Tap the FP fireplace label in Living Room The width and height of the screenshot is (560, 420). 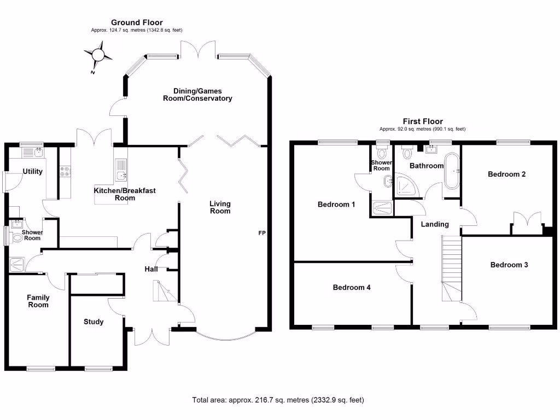pos(262,234)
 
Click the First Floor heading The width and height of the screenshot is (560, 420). pos(423,121)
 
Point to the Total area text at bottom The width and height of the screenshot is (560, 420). pos(278,400)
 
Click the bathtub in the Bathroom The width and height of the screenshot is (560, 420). pos(452,171)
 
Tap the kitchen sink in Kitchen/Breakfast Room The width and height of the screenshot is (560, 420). pos(121,176)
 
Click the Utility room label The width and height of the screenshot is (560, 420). pos(32,172)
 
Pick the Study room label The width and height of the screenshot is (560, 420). pos(94,322)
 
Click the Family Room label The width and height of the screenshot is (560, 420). pos(38,301)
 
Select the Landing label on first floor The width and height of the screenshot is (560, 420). pos(435,224)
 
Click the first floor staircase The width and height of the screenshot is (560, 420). pos(451,268)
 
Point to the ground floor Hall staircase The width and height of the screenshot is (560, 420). pos(166,290)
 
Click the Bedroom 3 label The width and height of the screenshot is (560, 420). pos(509,265)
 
